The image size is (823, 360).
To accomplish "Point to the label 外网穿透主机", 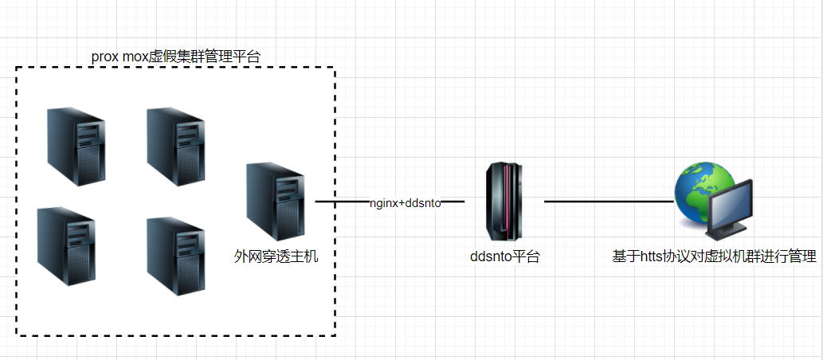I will coord(276,256).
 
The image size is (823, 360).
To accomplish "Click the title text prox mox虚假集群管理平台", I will coord(176,56).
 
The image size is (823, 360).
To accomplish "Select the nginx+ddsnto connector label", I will coord(405,203).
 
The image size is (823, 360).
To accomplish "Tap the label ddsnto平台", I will coord(505,256).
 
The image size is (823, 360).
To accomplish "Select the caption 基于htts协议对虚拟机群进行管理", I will coord(714,256).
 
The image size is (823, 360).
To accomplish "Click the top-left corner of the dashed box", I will coord(17,68).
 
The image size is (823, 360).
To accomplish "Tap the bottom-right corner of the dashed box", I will coord(335,335).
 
